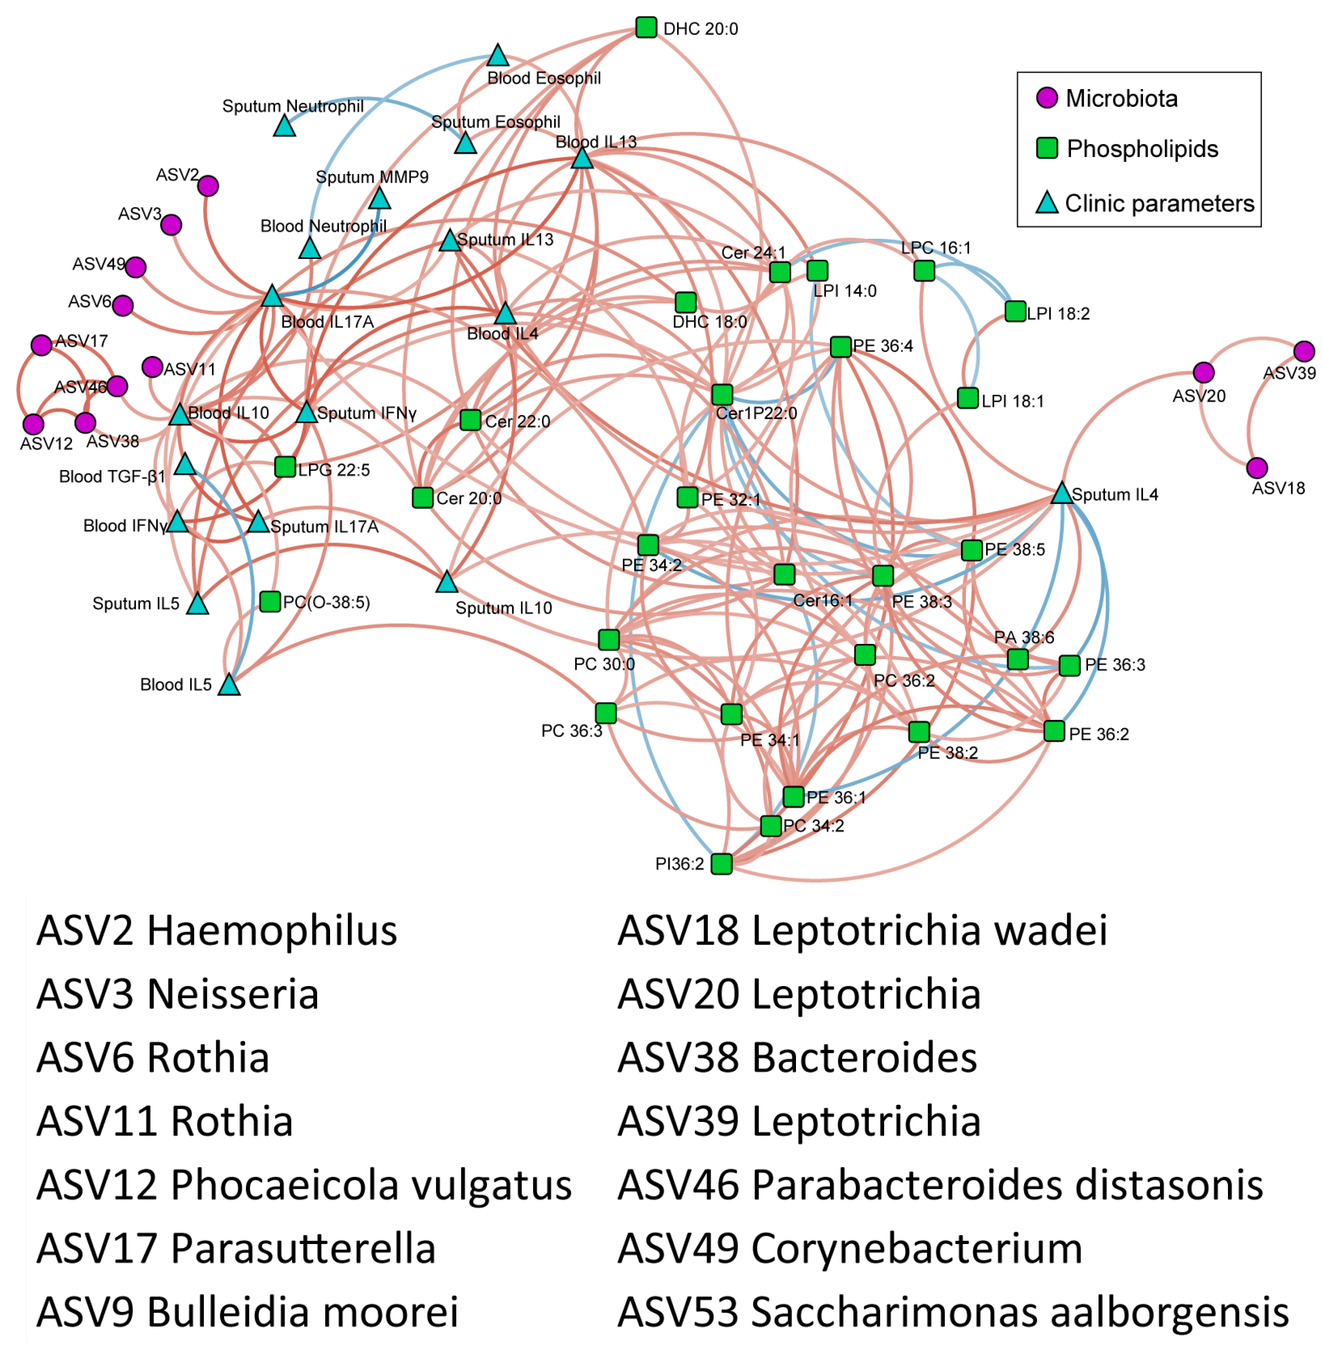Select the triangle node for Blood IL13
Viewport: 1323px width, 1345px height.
(582, 158)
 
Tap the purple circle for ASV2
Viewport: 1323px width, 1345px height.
(208, 186)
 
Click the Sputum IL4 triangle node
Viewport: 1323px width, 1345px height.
(1061, 494)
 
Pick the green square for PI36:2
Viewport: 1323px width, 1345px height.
(721, 863)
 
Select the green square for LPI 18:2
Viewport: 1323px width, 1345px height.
(1015, 311)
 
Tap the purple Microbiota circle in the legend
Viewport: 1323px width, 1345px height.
(1047, 98)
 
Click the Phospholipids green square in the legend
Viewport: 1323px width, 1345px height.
(1047, 148)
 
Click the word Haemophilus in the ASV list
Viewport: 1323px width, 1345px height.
(272, 931)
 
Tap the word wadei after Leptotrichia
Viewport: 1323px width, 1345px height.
(1051, 931)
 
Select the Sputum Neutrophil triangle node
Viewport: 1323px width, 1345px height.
(284, 126)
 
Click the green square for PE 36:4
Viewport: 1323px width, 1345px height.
(841, 347)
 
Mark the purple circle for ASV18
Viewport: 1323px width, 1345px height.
(1256, 468)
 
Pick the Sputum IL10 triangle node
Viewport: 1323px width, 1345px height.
(447, 582)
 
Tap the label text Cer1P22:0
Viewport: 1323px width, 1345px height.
(756, 413)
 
